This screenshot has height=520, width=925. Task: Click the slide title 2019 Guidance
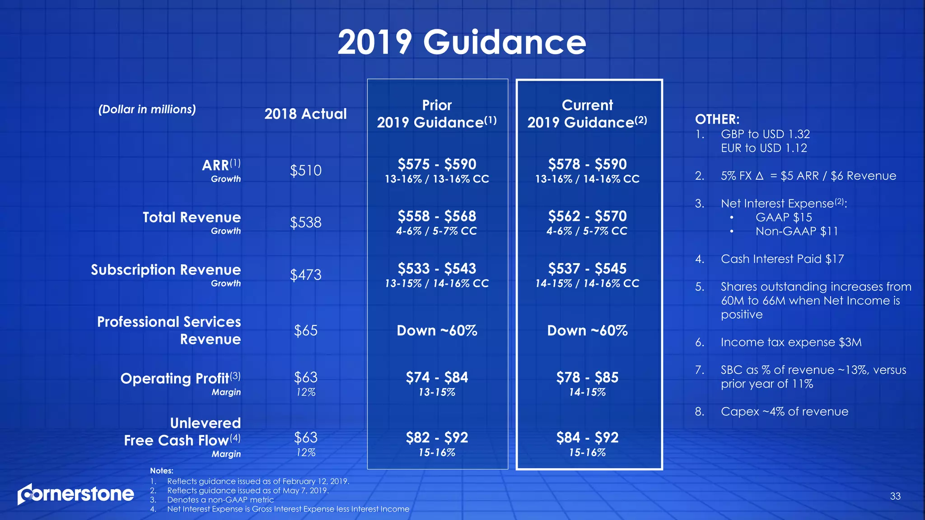pyautogui.click(x=462, y=42)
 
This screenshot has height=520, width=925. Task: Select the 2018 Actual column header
pyautogui.click(x=305, y=114)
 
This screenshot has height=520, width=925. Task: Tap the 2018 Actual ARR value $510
pyautogui.click(x=305, y=171)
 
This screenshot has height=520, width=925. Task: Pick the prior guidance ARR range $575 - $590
pyautogui.click(x=437, y=164)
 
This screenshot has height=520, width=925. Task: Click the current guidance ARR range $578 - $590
pyautogui.click(x=587, y=164)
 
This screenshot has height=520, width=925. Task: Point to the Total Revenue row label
pyautogui.click(x=192, y=218)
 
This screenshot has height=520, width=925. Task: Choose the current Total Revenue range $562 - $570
pyautogui.click(x=587, y=216)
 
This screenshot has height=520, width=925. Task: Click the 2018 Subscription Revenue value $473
pyautogui.click(x=305, y=275)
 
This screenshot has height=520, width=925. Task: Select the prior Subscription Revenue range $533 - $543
pyautogui.click(x=437, y=269)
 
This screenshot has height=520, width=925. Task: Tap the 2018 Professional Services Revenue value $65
pyautogui.click(x=305, y=331)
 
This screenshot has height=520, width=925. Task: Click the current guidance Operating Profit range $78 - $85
pyautogui.click(x=587, y=377)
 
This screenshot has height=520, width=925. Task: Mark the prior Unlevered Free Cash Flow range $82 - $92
pyautogui.click(x=437, y=437)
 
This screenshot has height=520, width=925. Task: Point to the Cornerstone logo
pyautogui.click(x=76, y=494)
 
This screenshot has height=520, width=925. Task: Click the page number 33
pyautogui.click(x=895, y=497)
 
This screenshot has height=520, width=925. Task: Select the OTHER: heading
pyautogui.click(x=717, y=120)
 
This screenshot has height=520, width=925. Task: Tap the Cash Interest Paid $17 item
pyautogui.click(x=782, y=259)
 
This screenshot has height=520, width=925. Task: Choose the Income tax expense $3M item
pyautogui.click(x=791, y=343)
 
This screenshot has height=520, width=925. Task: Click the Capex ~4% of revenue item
pyautogui.click(x=784, y=412)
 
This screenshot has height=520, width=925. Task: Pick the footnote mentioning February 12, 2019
pyautogui.click(x=258, y=482)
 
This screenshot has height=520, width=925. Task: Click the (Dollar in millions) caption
pyautogui.click(x=147, y=110)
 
